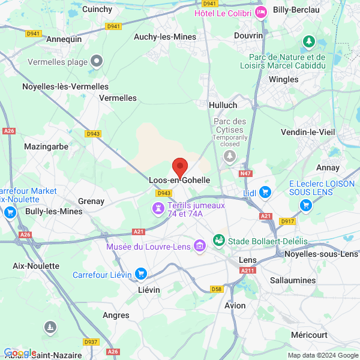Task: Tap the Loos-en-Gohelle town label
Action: coord(180,179)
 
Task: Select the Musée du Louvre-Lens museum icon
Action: coord(200,246)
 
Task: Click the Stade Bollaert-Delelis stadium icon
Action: coord(219,241)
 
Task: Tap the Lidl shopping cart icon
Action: coord(266,192)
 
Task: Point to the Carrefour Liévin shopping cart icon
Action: coord(141,274)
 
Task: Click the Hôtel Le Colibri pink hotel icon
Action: coord(260,12)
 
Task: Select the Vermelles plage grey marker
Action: coord(97,61)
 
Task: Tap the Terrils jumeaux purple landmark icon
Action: coord(158,208)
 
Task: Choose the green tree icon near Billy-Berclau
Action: coord(309,42)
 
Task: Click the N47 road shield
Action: coord(245,173)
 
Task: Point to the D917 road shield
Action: coord(288,221)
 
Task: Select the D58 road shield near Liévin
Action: coord(217,289)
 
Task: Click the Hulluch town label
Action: coord(223,104)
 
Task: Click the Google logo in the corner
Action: coord(19,352)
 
